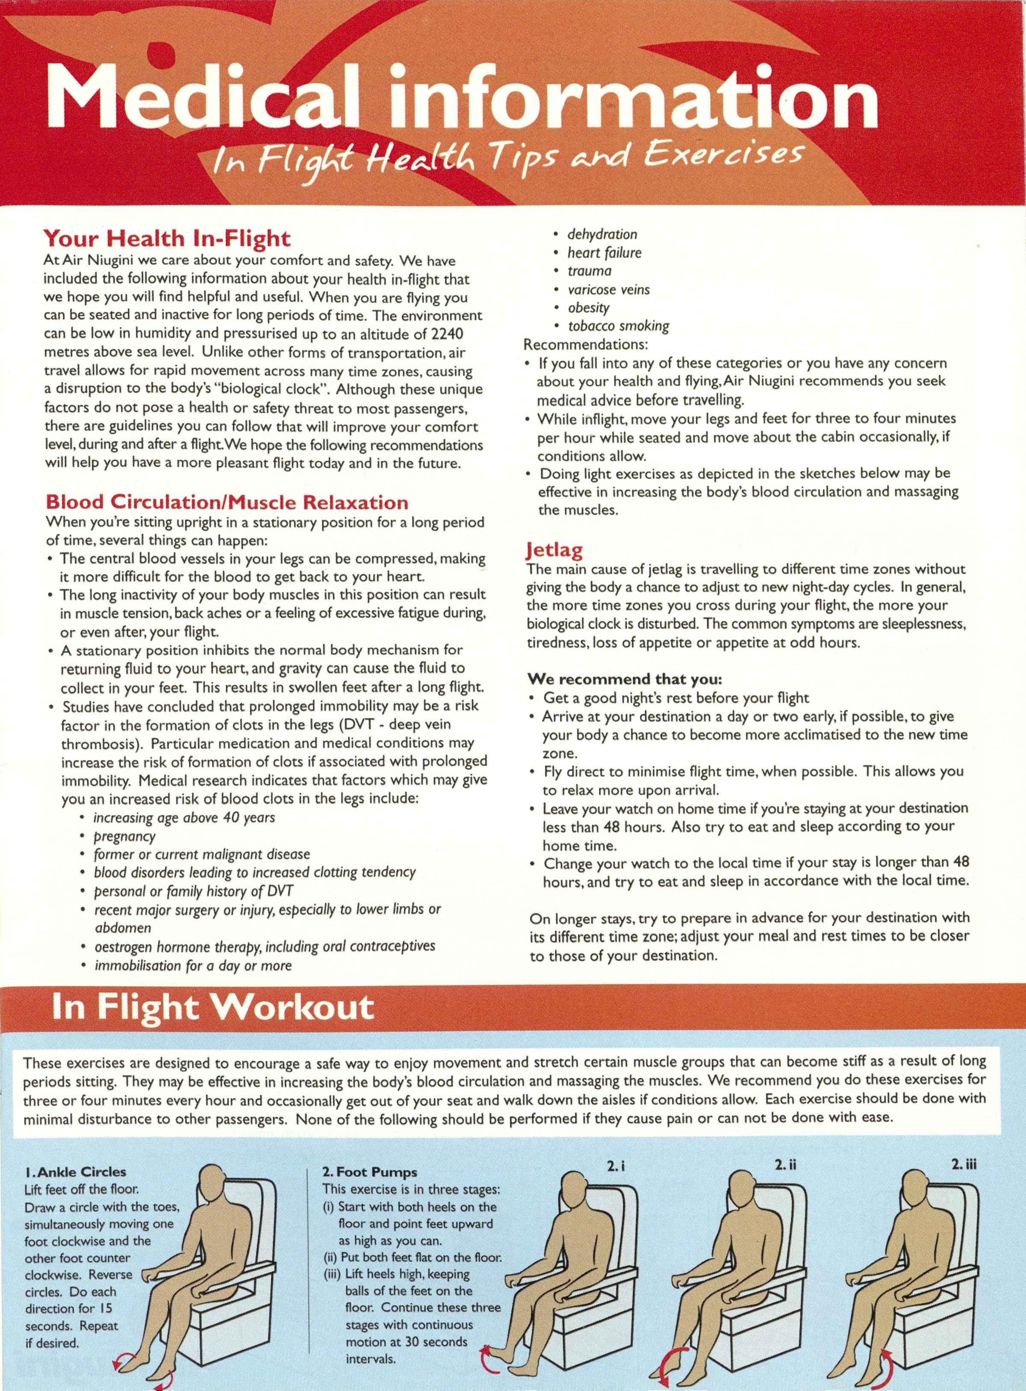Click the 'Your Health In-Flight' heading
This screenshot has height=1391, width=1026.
click(x=166, y=237)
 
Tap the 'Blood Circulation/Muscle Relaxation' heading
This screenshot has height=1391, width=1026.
click(x=227, y=502)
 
